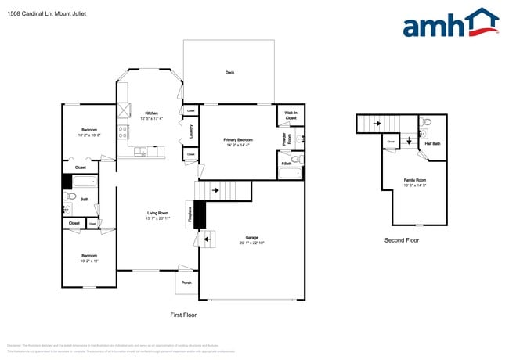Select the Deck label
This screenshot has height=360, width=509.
[229, 73]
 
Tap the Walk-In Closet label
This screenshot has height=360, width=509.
[291, 116]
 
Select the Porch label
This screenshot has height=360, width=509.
[186, 283]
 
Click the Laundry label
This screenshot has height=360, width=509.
[192, 133]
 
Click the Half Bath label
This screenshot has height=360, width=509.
[432, 144]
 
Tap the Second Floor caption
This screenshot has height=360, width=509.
[402, 240]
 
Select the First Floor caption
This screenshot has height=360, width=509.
[183, 315]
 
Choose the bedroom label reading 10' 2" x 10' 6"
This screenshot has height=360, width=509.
[90, 132]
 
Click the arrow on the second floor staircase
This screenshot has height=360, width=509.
[376, 124]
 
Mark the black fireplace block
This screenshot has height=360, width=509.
[199, 214]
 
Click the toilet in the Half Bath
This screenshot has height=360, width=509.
[427, 123]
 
